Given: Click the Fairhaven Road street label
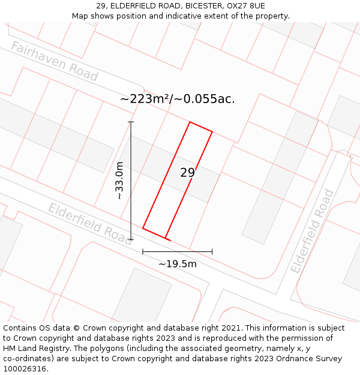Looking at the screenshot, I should tap(54, 61).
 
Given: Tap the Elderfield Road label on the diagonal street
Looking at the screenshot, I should tap(89, 220).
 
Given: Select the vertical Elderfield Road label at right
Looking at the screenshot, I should tap(313, 231).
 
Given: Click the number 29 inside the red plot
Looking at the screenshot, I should tap(187, 173).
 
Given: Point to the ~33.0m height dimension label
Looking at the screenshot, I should tap(119, 181).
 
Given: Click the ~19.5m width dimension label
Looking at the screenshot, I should tap(177, 263).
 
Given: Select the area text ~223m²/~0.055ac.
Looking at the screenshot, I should tap(178, 99).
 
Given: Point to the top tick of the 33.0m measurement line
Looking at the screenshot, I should tap(131, 122).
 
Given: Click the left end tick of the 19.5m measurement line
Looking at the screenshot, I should tap(143, 251).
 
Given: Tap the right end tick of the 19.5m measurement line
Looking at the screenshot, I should tap(212, 251).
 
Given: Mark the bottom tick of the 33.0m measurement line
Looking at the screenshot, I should tap(131, 239).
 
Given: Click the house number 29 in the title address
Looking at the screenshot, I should tap(100, 6).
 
